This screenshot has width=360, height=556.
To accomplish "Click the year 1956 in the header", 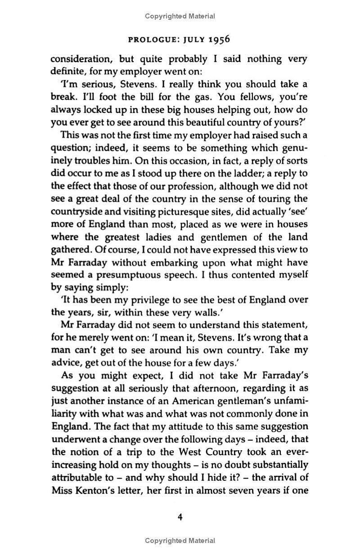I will point(218,39).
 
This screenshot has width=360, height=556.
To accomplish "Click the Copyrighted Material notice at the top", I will point(180,17).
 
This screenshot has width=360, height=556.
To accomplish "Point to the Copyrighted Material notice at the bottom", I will point(180,541).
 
